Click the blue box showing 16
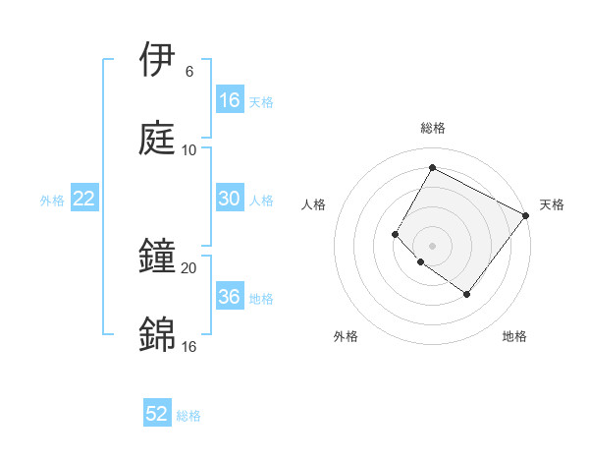point(229,100)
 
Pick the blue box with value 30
point(229,199)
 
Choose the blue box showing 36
point(229,297)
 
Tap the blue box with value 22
point(84,199)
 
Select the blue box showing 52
point(157,415)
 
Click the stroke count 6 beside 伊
point(188,72)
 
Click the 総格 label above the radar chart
point(432,128)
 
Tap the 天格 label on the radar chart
point(552,204)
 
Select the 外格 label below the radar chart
point(346,336)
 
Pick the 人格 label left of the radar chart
point(314,204)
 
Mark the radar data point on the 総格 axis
point(432,167)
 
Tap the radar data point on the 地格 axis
point(466,294)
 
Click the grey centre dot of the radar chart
point(432,245)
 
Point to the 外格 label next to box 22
point(52,201)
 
